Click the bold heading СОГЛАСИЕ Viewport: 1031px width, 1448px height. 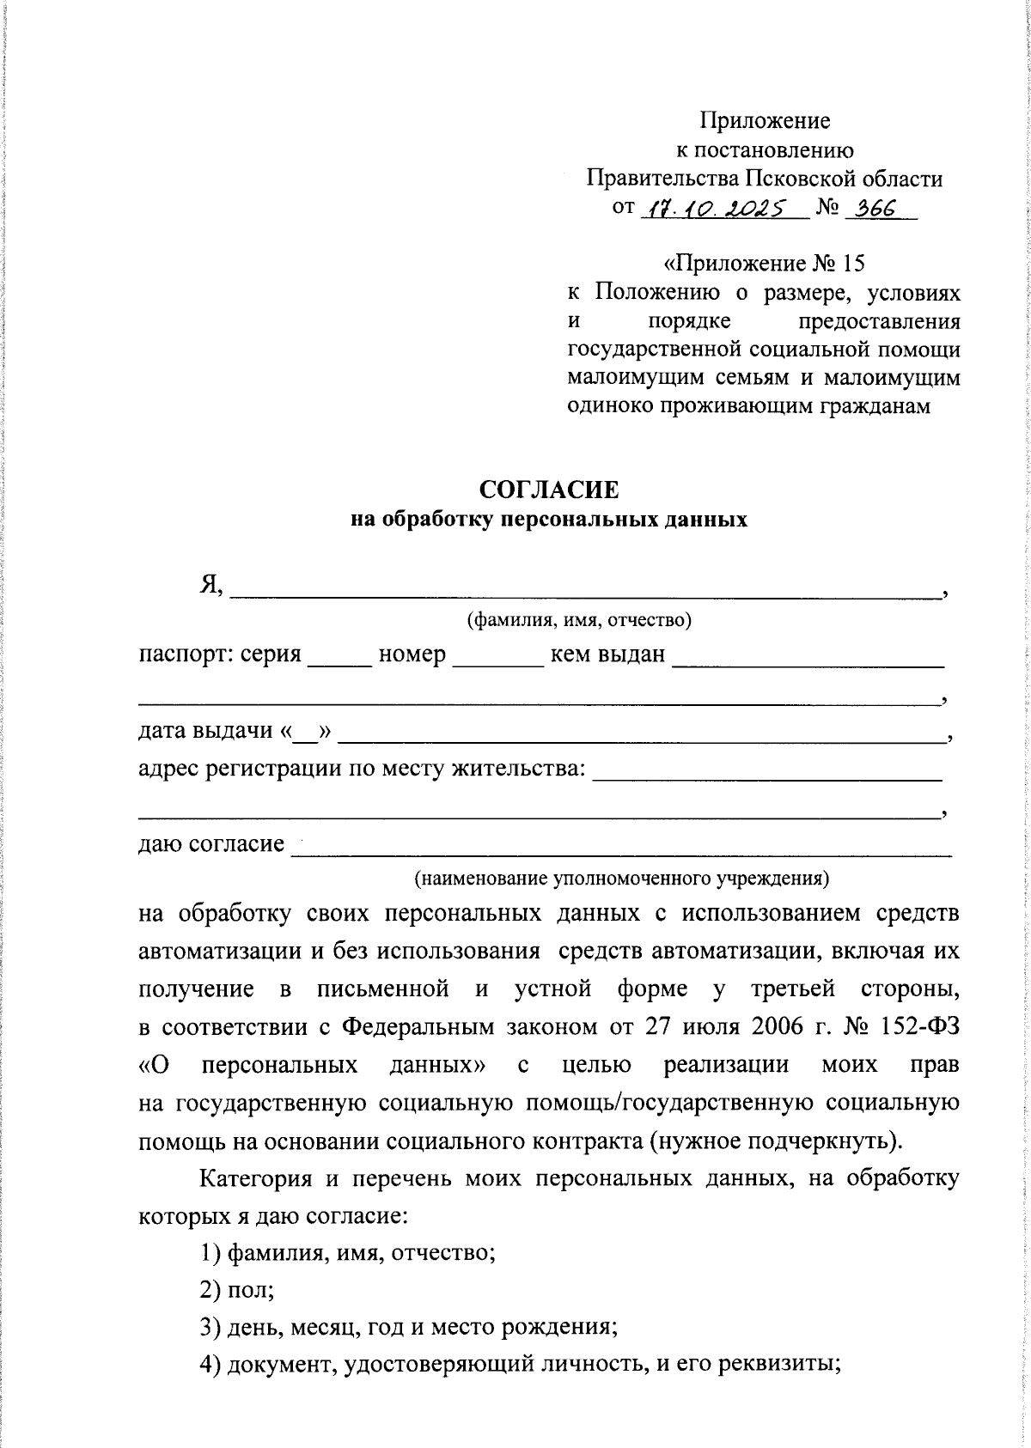coord(549,490)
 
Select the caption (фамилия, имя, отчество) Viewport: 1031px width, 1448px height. coord(578,620)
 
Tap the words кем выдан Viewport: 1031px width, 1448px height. coord(607,655)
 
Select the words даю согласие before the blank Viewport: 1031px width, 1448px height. coord(211,845)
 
